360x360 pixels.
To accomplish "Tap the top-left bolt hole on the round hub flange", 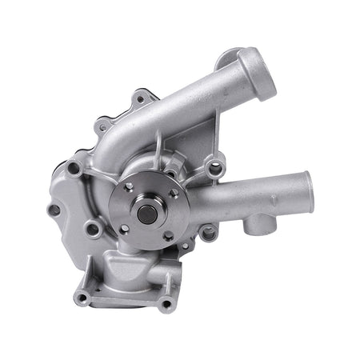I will pyautogui.click(x=128, y=186).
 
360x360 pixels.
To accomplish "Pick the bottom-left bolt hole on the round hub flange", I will pyautogui.click(x=125, y=228).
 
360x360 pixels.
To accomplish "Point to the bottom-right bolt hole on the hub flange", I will pyautogui.click(x=167, y=234).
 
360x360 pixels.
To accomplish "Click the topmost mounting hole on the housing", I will pyautogui.click(x=141, y=99).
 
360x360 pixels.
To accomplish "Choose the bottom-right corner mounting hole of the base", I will pyautogui.click(x=166, y=305).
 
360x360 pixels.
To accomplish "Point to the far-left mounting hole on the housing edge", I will pyautogui.click(x=54, y=210).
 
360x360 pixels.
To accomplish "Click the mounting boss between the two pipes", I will pyautogui.click(x=214, y=168).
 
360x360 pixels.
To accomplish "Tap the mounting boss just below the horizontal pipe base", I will pyautogui.click(x=208, y=234).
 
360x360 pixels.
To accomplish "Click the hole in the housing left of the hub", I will pyautogui.click(x=93, y=230).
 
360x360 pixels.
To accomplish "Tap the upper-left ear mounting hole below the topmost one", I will pyautogui.click(x=102, y=124).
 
